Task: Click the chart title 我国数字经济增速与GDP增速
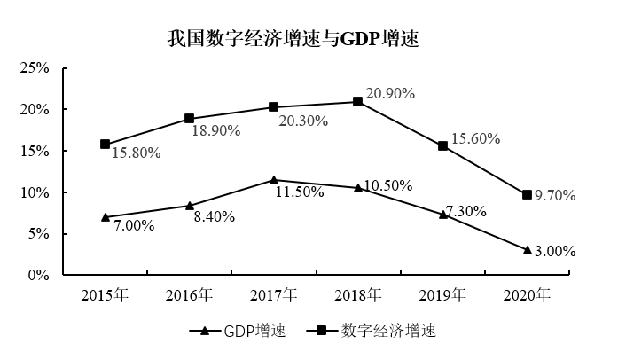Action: [x=293, y=39]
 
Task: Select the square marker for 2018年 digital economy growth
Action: [x=358, y=102]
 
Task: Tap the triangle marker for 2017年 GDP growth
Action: [x=273, y=180]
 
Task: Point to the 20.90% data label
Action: [x=391, y=93]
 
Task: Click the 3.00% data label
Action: [x=555, y=251]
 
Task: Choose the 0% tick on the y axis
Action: [x=38, y=276]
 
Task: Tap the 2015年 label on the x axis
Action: [x=105, y=294]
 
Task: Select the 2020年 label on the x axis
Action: [x=527, y=294]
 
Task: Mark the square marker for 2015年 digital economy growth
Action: [x=105, y=144]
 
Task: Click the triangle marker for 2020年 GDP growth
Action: [x=527, y=250]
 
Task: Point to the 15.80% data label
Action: [x=136, y=153]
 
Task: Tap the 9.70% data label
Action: [x=555, y=196]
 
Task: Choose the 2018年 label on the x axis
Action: [x=358, y=294]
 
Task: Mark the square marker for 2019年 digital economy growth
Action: [x=442, y=145]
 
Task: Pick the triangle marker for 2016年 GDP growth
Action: [x=189, y=206]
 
